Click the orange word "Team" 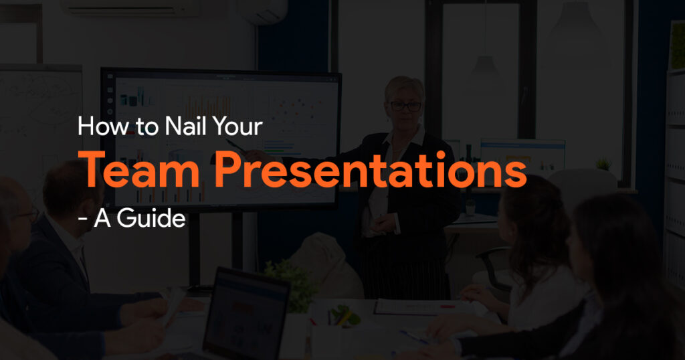point(142,171)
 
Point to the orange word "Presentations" point(371,171)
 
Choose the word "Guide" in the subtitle point(151,217)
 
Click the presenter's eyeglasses point(405,106)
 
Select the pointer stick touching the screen point(235,146)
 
